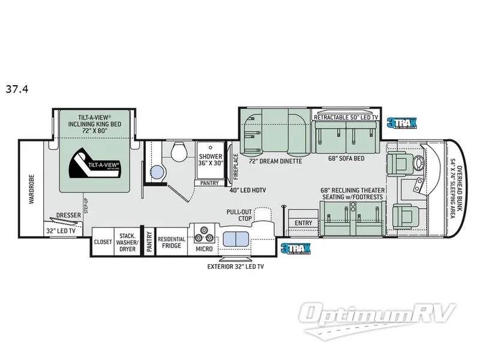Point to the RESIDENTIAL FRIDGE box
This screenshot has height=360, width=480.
tap(172, 242)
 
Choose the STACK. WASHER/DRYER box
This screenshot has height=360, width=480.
tap(126, 242)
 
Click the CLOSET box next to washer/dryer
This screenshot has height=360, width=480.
tap(103, 242)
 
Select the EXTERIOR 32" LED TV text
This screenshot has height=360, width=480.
tap(235, 266)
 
